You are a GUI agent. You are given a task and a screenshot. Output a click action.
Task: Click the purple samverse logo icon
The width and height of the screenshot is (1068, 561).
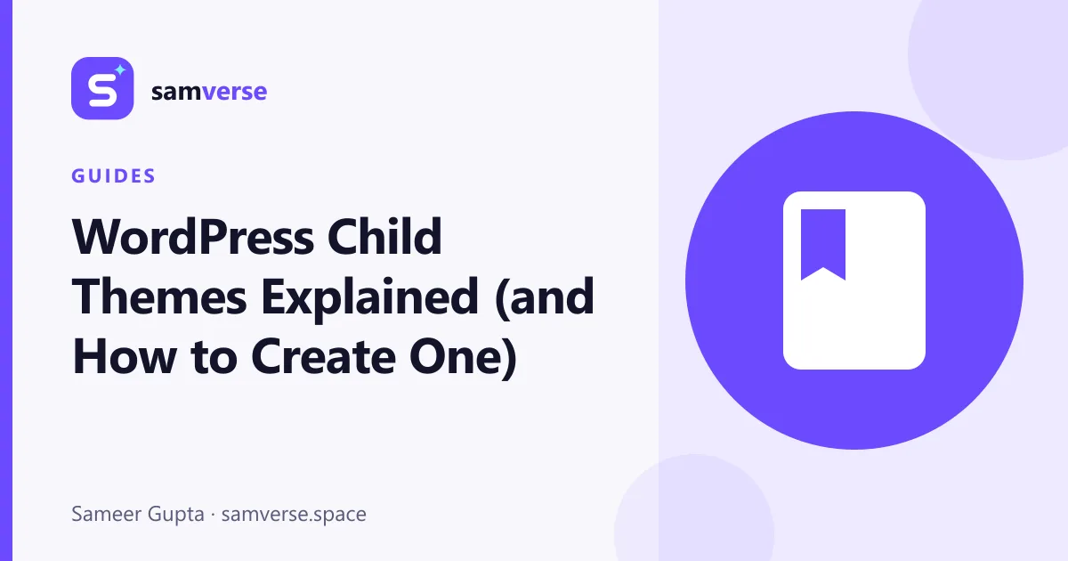point(102,88)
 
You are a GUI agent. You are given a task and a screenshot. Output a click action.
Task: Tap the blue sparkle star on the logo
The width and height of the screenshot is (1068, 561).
point(120,70)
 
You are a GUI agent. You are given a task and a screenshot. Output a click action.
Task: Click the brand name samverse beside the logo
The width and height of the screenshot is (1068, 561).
point(209,92)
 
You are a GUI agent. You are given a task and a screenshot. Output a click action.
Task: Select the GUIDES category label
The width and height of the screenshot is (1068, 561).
point(114,176)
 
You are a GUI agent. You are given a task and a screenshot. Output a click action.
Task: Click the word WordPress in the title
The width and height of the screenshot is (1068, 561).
point(193,237)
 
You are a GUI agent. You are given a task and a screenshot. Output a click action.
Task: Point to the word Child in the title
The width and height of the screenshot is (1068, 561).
point(384,236)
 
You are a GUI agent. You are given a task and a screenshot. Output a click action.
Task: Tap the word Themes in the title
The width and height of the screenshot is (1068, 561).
point(158,297)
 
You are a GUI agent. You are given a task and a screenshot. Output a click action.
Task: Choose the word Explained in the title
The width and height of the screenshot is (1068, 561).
point(369,299)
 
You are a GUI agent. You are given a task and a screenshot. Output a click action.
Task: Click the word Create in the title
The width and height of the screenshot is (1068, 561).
point(323,357)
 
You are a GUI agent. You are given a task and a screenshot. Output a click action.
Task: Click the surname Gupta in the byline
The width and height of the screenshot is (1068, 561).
point(176,516)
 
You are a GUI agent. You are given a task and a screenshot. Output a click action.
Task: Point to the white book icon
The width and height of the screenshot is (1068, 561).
point(854,280)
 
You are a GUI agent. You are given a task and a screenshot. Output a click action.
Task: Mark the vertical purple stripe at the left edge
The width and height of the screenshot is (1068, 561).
point(5,280)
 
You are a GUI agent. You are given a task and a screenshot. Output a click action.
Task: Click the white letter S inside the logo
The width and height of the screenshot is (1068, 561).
point(102,91)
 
